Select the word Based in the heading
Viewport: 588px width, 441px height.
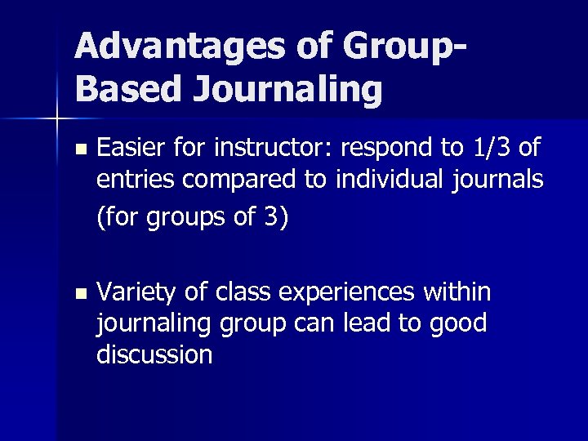coord(127,89)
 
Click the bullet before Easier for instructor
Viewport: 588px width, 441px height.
coord(78,150)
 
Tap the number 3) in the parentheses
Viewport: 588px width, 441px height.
coord(275,220)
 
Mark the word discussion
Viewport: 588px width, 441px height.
coord(154,354)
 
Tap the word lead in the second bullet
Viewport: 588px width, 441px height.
coord(363,323)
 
